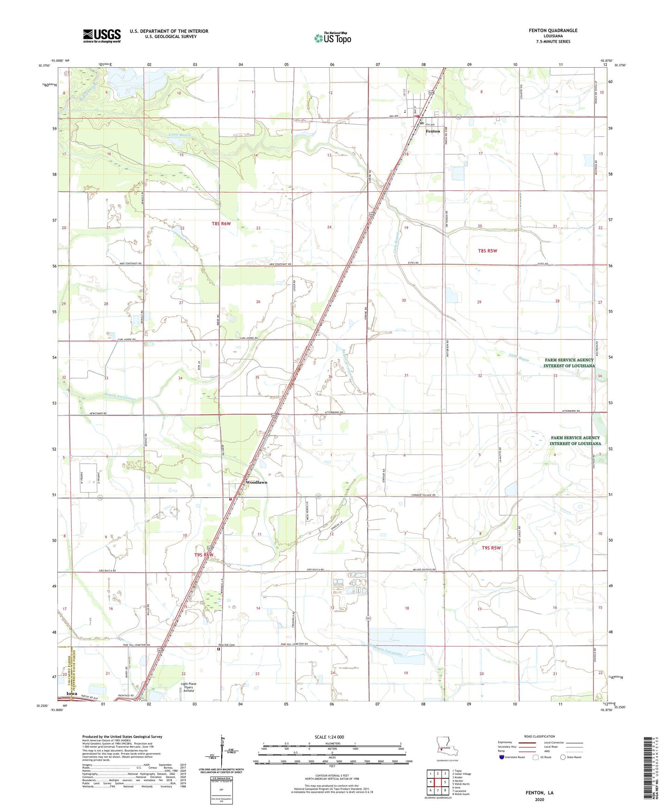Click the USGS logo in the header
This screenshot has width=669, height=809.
click(102, 36)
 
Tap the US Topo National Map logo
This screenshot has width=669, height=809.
click(332, 38)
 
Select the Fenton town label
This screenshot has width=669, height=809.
click(432, 132)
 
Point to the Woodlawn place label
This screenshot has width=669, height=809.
click(256, 482)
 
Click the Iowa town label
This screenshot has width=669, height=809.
click(71, 694)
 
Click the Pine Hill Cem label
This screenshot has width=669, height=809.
click(226, 645)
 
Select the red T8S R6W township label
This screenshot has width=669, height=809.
click(221, 224)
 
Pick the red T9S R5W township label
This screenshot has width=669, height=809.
click(491, 548)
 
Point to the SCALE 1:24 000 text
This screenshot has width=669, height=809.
click(329, 737)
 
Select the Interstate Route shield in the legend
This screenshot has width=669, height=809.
click(502, 757)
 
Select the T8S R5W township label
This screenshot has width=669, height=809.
click(487, 251)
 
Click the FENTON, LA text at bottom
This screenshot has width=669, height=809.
click(539, 793)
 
